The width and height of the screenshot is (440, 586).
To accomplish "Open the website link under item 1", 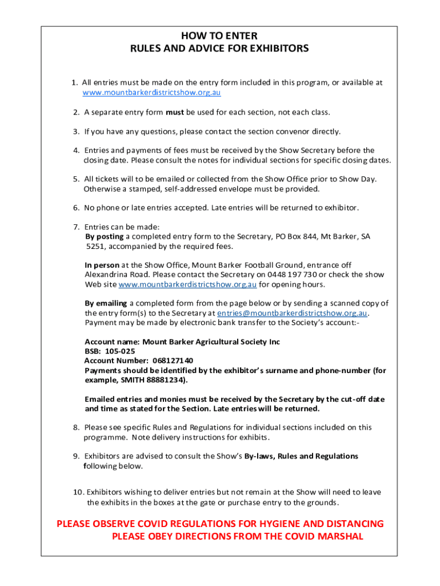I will [151, 92].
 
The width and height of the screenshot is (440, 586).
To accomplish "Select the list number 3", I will [76, 131].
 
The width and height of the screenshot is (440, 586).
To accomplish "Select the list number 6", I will [76, 207].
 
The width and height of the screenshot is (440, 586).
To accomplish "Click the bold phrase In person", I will [102, 265].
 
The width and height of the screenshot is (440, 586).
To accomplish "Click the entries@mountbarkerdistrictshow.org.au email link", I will [293, 313].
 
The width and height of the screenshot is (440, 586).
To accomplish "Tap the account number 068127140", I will [173, 361].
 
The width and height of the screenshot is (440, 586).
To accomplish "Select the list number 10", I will [78, 492].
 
